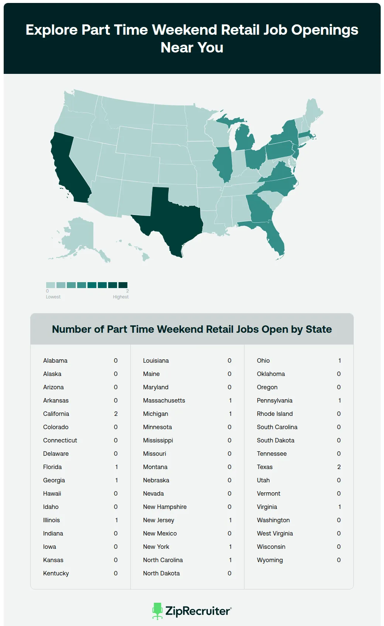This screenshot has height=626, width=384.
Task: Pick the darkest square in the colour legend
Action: tap(123, 285)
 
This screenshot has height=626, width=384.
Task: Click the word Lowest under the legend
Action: tap(53, 297)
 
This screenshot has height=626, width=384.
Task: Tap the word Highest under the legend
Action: tap(121, 297)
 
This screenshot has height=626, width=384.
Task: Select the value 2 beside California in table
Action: tap(116, 414)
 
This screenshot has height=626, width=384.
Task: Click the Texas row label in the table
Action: tap(265, 467)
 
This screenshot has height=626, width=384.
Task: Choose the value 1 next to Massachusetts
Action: tap(230, 400)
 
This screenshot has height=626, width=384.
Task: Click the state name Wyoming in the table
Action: tap(270, 560)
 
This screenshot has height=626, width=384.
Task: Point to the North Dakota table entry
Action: tap(161, 573)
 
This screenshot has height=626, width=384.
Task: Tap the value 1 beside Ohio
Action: tap(339, 360)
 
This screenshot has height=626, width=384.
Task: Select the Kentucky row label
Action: tap(56, 573)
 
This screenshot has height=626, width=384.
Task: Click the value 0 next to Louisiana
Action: tap(229, 360)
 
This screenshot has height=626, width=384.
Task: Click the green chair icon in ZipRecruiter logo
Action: tap(157, 611)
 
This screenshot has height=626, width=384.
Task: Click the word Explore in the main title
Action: tap(51, 30)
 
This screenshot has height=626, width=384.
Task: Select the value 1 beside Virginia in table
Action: tap(339, 507)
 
